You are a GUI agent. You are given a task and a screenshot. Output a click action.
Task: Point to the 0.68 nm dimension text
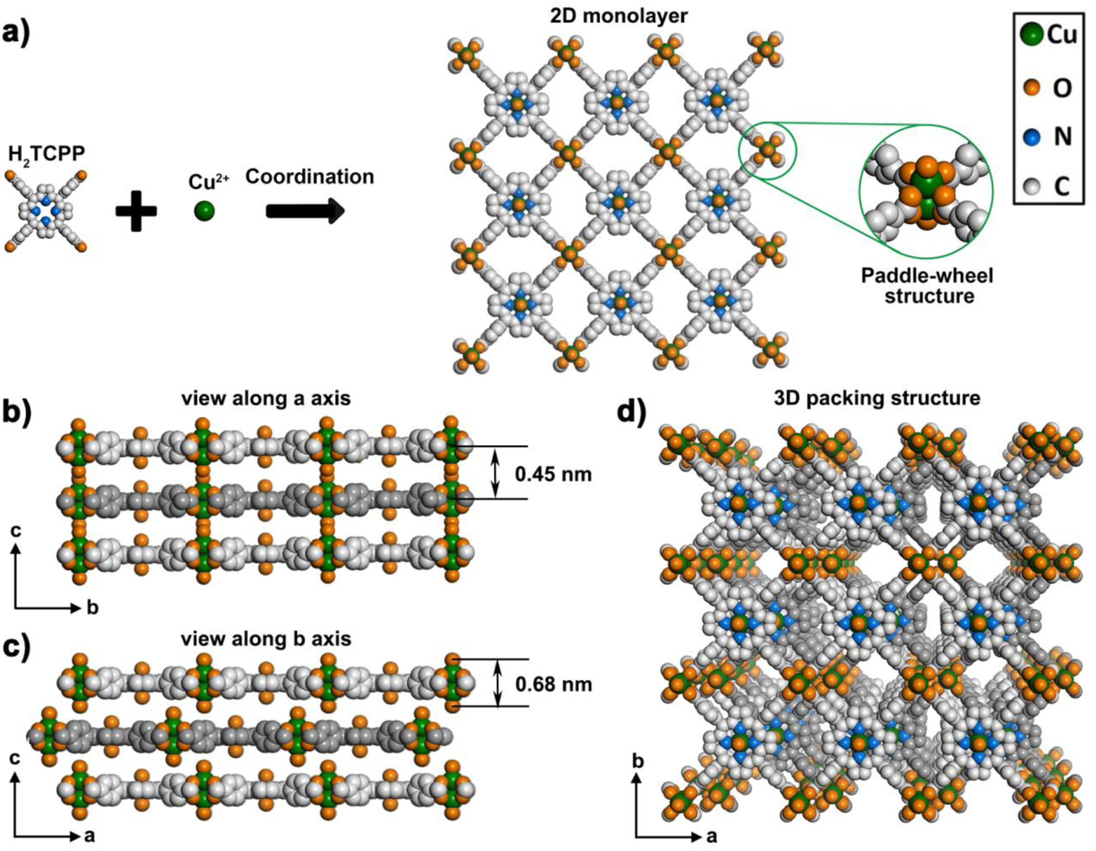point(553,684)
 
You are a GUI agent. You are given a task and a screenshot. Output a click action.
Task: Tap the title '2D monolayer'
point(618,16)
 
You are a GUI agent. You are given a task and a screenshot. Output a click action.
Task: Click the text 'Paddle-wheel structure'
point(927,285)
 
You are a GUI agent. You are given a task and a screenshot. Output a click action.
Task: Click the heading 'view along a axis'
point(267,398)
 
